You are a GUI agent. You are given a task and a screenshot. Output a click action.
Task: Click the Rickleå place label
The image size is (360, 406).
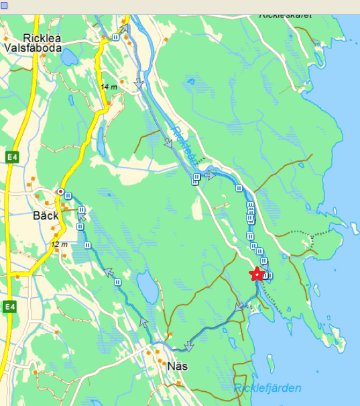pyautogui.click(x=42, y=38)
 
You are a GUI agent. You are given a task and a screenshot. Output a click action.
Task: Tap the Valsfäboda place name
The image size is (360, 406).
pyautogui.click(x=33, y=48)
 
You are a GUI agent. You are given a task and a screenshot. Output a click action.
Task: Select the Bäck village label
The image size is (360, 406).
pyautogui.click(x=46, y=216)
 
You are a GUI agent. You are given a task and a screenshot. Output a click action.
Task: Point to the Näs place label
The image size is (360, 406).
pyautogui.click(x=177, y=366)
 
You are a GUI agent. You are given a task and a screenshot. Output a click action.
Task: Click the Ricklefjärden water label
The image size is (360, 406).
pyautogui.click(x=267, y=388)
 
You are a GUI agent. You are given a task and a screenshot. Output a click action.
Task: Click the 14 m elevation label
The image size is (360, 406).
pyautogui.click(x=108, y=87)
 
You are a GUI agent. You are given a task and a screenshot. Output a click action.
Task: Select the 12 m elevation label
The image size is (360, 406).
pyautogui.click(x=60, y=244)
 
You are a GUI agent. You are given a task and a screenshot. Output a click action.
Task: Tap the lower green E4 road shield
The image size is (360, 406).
pyautogui.click(x=9, y=307)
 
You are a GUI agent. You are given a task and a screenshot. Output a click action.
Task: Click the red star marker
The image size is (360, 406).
pyautogui.click(x=255, y=274)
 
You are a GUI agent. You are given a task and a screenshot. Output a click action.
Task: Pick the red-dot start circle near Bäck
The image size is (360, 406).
pyautogui.click(x=60, y=192)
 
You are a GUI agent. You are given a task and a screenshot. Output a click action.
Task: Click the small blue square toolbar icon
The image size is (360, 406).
pyautogui.click(x=5, y=5)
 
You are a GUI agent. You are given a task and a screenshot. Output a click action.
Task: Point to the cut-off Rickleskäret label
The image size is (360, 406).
pyautogui.click(x=286, y=14)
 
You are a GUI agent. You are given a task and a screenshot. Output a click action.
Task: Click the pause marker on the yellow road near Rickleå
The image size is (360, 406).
pyautogui.click(x=116, y=38)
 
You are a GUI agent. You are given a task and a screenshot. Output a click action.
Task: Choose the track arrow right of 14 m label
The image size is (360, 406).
pyautogui.click(x=140, y=84)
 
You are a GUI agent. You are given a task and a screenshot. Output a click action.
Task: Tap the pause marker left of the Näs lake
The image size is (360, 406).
pyautogui.click(x=118, y=283)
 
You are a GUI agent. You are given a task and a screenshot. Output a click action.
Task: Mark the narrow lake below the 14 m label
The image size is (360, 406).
pyautogui.click(x=101, y=138)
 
